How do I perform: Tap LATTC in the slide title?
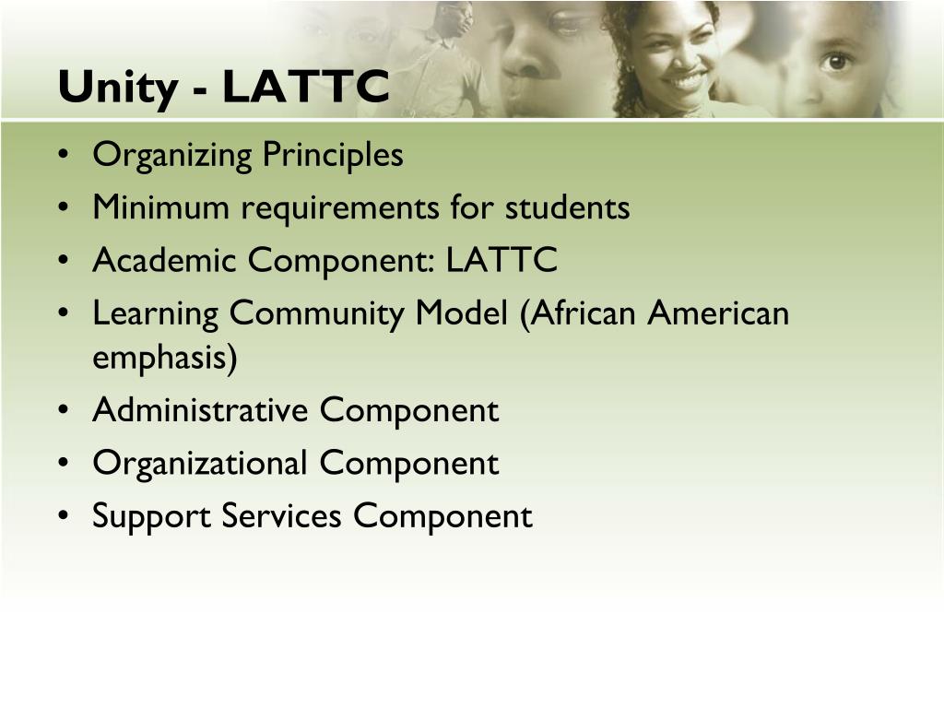coord(305,88)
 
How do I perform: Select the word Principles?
coord(333,155)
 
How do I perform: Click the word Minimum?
coord(160,208)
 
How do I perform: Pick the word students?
coord(567,208)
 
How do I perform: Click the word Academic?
coord(163,261)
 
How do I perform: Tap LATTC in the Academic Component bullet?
coord(502,261)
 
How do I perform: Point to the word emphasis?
coord(164,358)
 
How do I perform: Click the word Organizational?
coord(199,463)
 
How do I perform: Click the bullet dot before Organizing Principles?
coord(62,156)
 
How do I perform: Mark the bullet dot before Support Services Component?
coord(62,517)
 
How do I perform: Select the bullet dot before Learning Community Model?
coord(62,315)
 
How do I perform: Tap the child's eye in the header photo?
coord(836,62)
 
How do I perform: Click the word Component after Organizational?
coord(409,463)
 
